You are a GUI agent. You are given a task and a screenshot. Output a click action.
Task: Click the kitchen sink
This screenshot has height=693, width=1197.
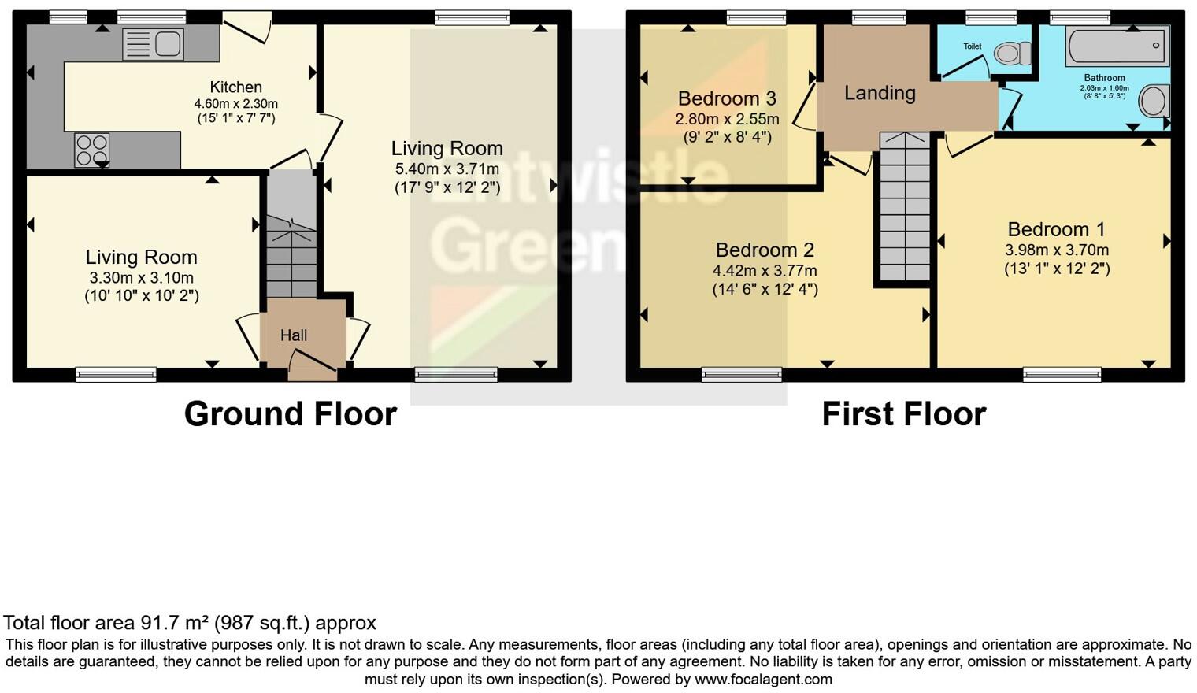coord(154,44)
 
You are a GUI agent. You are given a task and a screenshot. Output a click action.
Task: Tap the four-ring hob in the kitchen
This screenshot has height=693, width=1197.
coord(91,150)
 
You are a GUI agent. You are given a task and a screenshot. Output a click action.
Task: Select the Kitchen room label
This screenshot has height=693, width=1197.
coord(235,87)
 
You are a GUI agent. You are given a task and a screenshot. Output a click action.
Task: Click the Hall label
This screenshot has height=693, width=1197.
coord(294,335)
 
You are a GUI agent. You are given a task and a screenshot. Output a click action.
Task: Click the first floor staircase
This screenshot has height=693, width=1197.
coord(904,207)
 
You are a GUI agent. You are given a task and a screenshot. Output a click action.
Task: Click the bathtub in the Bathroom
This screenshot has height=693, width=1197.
coord(1117,46)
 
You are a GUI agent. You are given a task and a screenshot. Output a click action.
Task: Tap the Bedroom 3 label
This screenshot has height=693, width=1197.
coord(727,98)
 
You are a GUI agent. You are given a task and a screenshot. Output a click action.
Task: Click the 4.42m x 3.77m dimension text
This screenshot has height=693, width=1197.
coord(765,271)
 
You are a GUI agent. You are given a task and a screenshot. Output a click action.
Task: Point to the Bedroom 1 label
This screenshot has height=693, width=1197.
coord(1056,229)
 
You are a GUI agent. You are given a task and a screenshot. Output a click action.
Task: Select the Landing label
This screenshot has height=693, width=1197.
coord(880,94)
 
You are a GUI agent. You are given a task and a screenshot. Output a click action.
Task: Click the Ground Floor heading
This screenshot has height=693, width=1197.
coord(290,414)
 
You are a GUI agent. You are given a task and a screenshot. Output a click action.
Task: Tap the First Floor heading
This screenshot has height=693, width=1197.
coord(903,414)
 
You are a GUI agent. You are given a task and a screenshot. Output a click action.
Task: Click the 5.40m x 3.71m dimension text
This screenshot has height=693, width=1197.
coord(447,169)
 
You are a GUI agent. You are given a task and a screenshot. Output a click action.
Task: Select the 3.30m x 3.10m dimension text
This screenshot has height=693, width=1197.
coord(141,278)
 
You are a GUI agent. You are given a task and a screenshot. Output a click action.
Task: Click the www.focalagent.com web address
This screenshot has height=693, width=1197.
coord(763,679)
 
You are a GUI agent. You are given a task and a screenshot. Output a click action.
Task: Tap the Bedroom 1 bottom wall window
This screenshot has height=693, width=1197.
coord(1062,375)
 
